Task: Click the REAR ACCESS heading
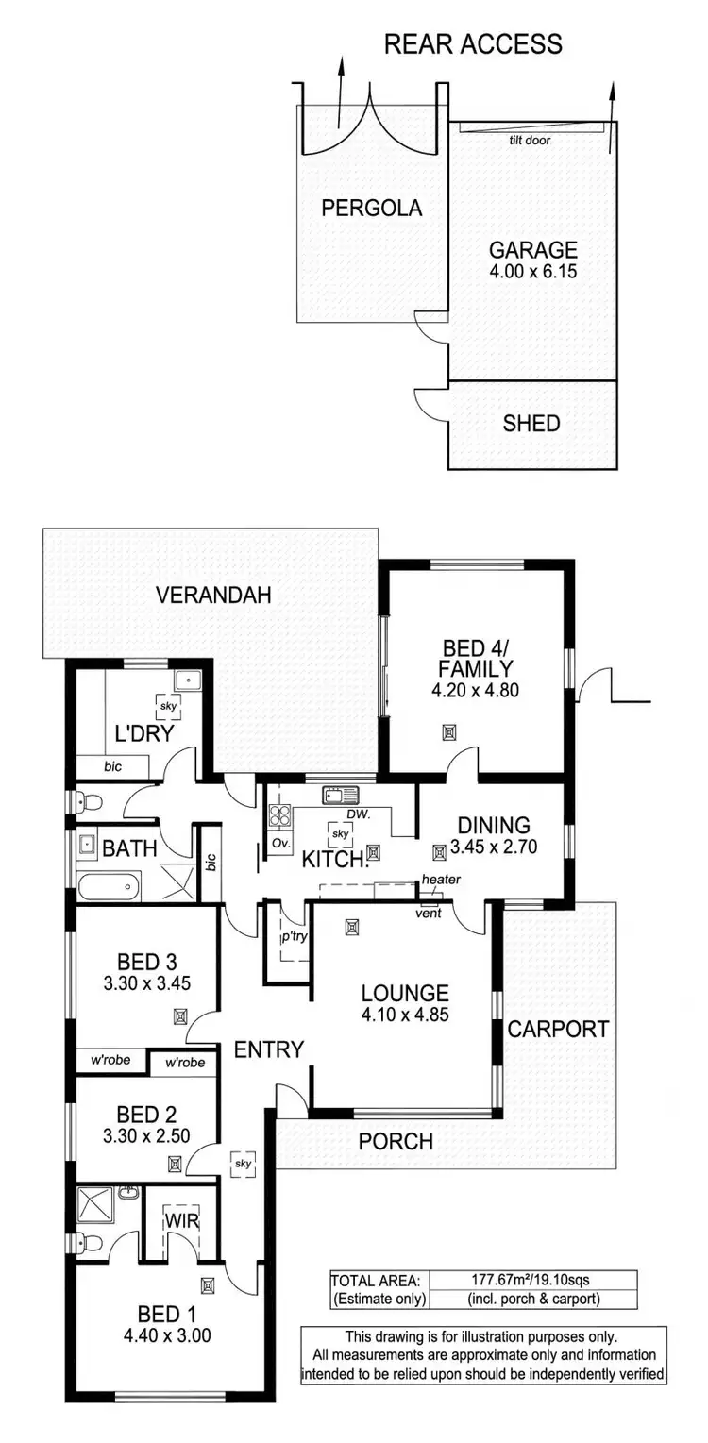(473, 43)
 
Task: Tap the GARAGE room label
(532, 250)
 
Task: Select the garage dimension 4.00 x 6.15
(532, 272)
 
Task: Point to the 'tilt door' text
(530, 140)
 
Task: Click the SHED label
(531, 424)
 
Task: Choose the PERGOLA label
(371, 209)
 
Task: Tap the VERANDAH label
(213, 596)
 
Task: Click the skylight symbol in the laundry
(168, 706)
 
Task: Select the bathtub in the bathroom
(108, 887)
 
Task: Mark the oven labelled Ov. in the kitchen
(279, 842)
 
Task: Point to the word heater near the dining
(441, 880)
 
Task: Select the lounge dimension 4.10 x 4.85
(405, 1015)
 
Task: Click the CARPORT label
(558, 1029)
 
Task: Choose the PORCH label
(396, 1141)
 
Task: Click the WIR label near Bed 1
(180, 1220)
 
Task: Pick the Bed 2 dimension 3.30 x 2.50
(146, 1136)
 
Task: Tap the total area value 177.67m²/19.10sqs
(531, 1281)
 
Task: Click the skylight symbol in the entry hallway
(244, 1165)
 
